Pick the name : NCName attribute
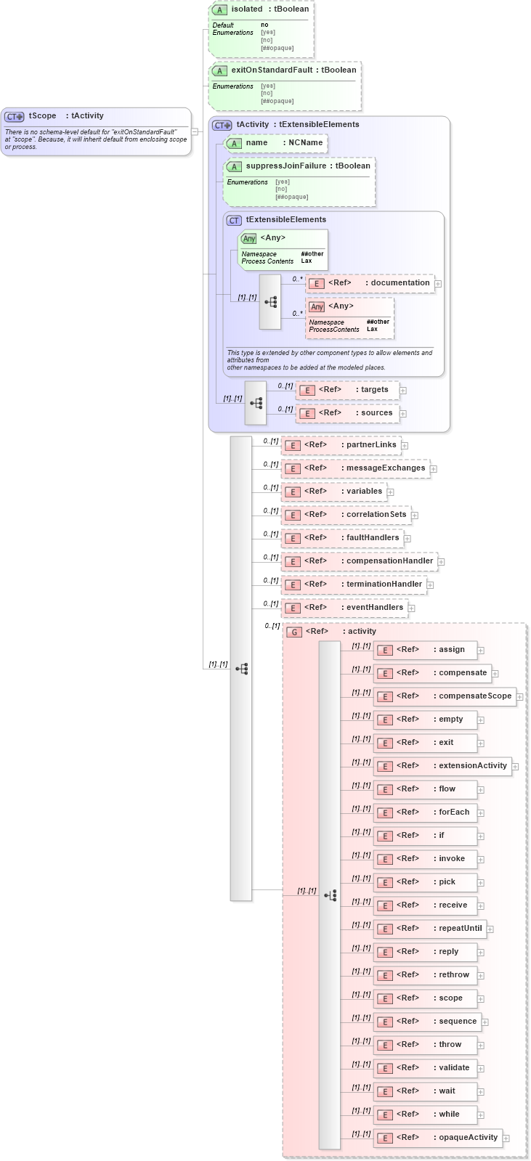click(x=276, y=143)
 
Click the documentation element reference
click(x=370, y=283)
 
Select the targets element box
click(x=347, y=390)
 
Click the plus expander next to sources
click(x=403, y=414)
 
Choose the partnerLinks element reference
click(x=341, y=445)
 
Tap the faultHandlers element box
click(x=342, y=538)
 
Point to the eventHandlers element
click(x=344, y=608)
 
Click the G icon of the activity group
click(x=294, y=632)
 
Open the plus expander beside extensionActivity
click(x=515, y=767)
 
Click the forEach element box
click(x=425, y=812)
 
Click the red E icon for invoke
click(x=385, y=860)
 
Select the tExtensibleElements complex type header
click(x=285, y=220)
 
